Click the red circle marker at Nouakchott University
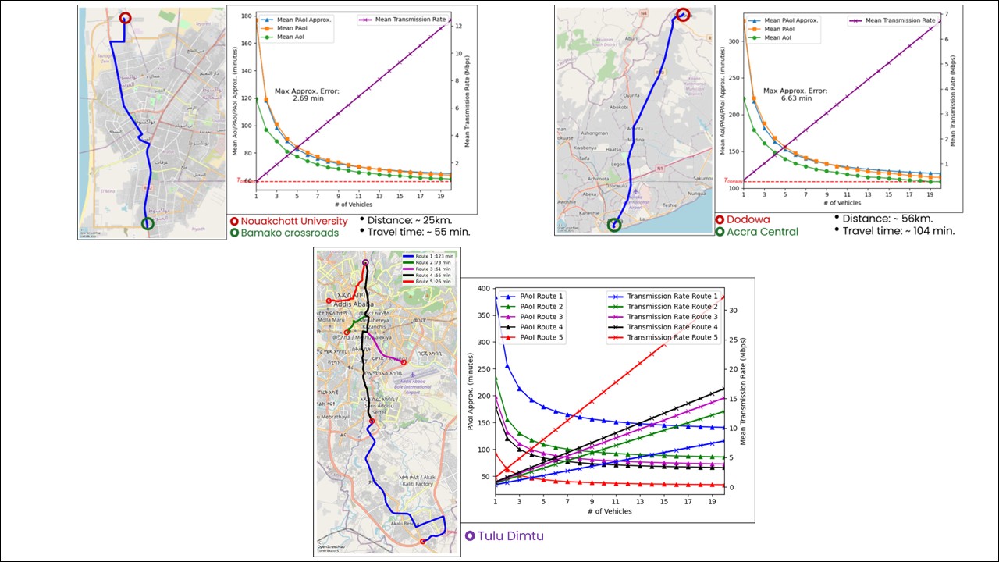click(125, 18)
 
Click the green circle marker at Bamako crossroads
click(148, 224)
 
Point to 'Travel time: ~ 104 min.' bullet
click(898, 231)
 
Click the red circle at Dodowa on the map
click(682, 15)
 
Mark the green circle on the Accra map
click(614, 226)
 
